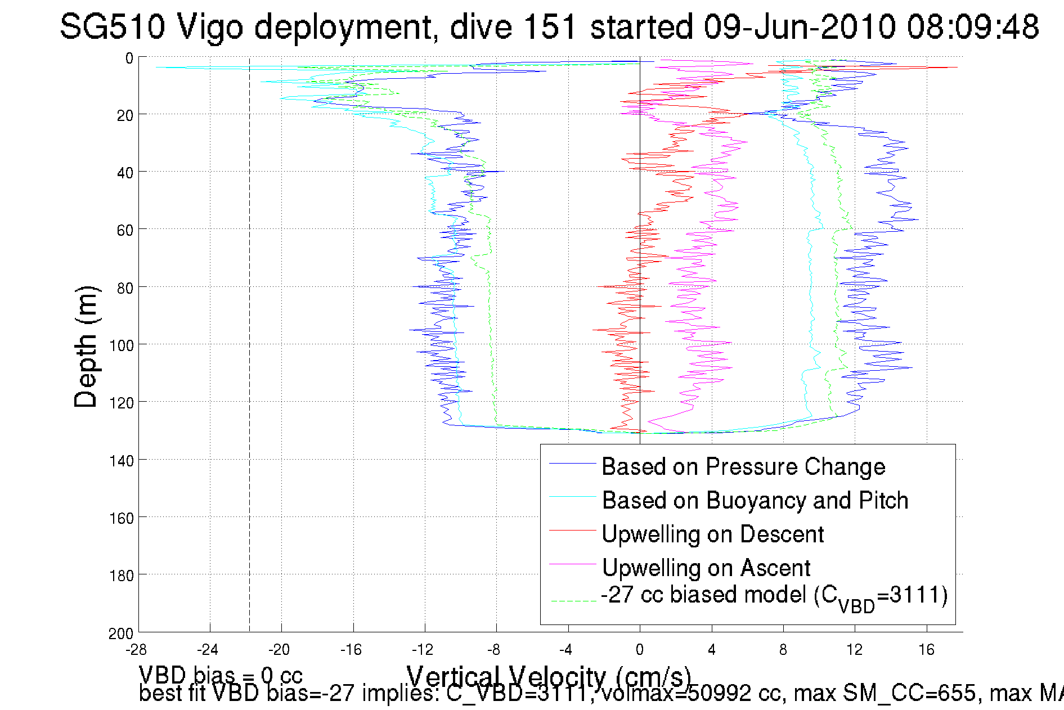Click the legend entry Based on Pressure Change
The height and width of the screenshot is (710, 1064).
[x=743, y=467]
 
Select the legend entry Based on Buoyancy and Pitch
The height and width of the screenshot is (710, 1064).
[x=755, y=501]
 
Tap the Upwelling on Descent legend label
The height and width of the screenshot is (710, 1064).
[x=712, y=534]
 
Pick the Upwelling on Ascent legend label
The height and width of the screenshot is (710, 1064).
[x=706, y=568]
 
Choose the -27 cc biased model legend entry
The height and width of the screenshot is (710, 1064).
[x=774, y=596]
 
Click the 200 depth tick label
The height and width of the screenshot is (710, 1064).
[x=121, y=634]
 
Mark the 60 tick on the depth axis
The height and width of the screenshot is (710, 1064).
[x=125, y=231]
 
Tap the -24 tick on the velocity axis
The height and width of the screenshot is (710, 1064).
[x=208, y=650]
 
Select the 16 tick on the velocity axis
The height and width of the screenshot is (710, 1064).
[x=927, y=650]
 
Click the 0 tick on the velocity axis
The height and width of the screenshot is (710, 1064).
[x=640, y=650]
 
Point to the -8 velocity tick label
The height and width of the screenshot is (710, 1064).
[x=494, y=650]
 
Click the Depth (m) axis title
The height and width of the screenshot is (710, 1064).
[x=86, y=347]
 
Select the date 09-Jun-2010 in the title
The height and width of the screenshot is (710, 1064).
[x=800, y=26]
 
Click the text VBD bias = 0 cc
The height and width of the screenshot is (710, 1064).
[x=221, y=675]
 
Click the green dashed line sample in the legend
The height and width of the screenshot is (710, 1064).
[x=573, y=601]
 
